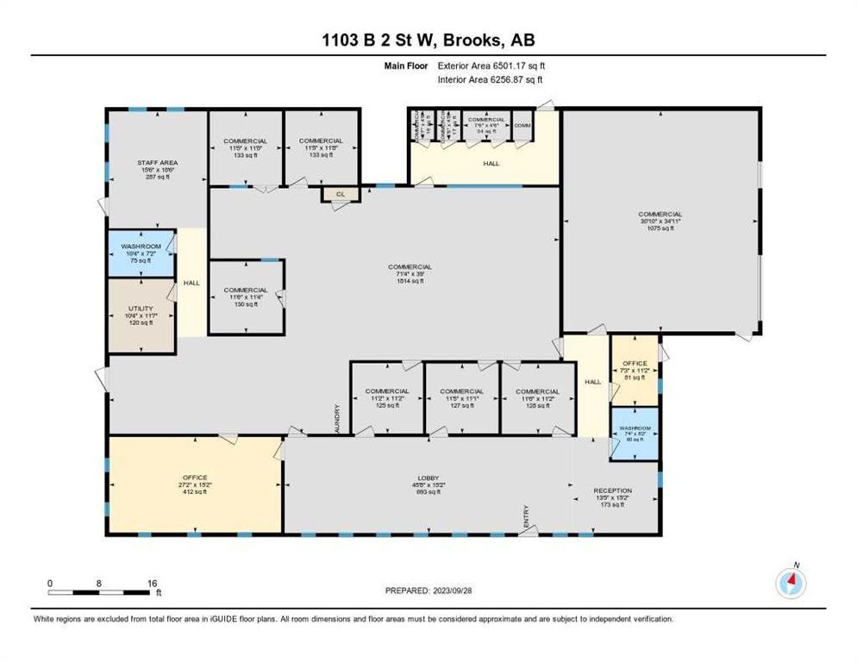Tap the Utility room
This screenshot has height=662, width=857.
141,315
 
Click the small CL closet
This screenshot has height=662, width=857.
341,195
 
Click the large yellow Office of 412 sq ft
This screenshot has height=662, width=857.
194,484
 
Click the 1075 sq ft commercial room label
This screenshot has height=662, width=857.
660,222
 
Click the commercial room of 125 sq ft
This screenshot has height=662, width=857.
386,398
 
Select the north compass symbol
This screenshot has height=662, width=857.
791,583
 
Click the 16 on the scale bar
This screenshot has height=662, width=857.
152,583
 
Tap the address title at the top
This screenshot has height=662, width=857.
428,40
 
